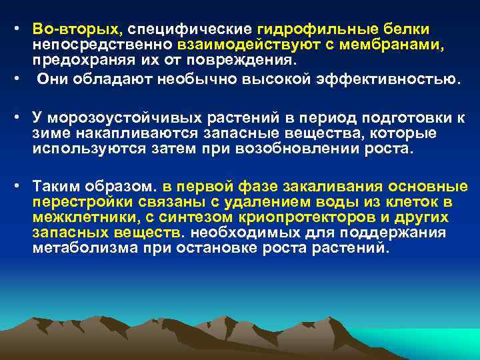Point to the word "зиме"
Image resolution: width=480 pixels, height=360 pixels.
coord(52,134)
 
